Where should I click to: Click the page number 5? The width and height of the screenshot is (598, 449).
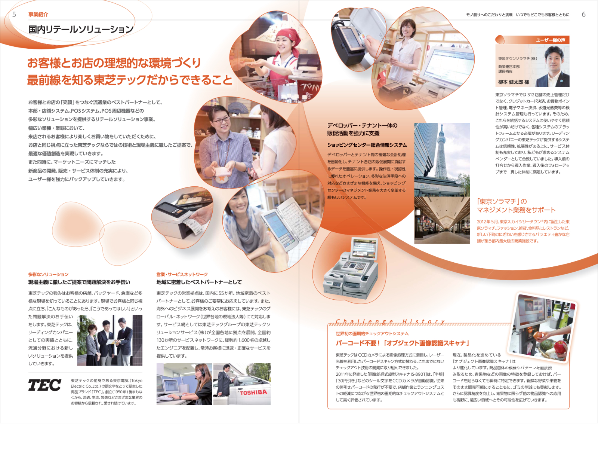click(x=14, y=15)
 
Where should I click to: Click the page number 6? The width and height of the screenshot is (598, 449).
click(x=583, y=15)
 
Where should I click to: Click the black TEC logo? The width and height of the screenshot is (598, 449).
click(x=44, y=385)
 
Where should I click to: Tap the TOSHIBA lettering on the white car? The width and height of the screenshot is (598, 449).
click(x=253, y=393)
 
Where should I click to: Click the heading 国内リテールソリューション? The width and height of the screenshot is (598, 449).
click(x=81, y=30)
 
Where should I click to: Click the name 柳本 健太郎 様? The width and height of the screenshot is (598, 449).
click(x=514, y=82)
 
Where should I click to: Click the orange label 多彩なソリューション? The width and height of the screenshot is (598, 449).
click(x=48, y=274)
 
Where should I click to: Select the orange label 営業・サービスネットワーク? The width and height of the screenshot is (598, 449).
click(x=182, y=274)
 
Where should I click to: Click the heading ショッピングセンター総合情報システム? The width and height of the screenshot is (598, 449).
click(x=367, y=145)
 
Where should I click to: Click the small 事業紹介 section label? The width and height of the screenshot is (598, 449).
click(x=38, y=15)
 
